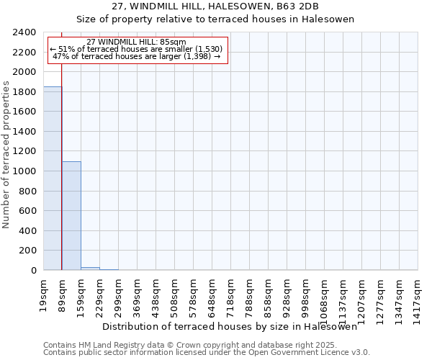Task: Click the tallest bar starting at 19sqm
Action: pos(53,179)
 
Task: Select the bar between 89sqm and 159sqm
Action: pos(71,216)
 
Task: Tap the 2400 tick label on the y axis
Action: pos(24,32)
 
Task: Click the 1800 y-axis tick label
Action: pos(24,92)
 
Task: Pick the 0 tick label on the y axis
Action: pos(33,271)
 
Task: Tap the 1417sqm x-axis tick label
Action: pos(418,293)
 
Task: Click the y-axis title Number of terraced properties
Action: pos(6,155)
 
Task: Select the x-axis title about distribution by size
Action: pos(230,326)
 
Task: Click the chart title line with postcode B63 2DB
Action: pos(215,6)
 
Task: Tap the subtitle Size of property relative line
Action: pos(215,19)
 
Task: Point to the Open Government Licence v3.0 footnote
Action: pos(206,353)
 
